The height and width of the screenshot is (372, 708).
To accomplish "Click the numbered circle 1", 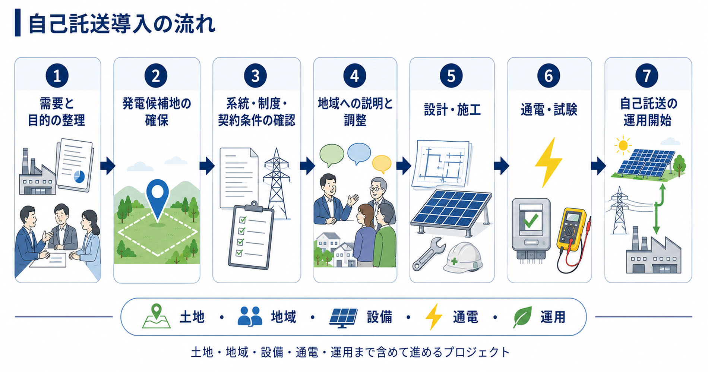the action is (x=57, y=76).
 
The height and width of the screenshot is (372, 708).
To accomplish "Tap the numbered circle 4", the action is (x=354, y=76).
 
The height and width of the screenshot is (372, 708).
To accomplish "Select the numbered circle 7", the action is (x=647, y=76).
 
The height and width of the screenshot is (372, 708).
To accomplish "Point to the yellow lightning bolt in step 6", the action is (x=548, y=162).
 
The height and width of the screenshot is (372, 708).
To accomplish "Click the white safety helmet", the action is (x=463, y=257).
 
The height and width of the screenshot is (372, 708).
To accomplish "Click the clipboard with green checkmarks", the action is (x=251, y=235).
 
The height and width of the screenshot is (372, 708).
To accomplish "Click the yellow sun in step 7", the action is (x=622, y=145).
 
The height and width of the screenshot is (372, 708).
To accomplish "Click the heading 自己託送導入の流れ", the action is (x=121, y=24).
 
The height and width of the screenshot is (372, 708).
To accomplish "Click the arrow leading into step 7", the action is (x=598, y=165).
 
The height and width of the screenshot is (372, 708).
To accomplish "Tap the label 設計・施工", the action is (x=452, y=110).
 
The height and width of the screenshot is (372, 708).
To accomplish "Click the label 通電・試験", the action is (x=549, y=110).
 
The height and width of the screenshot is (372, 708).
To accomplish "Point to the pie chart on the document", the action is (x=79, y=176).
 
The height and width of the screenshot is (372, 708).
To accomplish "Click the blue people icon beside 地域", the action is (x=250, y=316).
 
